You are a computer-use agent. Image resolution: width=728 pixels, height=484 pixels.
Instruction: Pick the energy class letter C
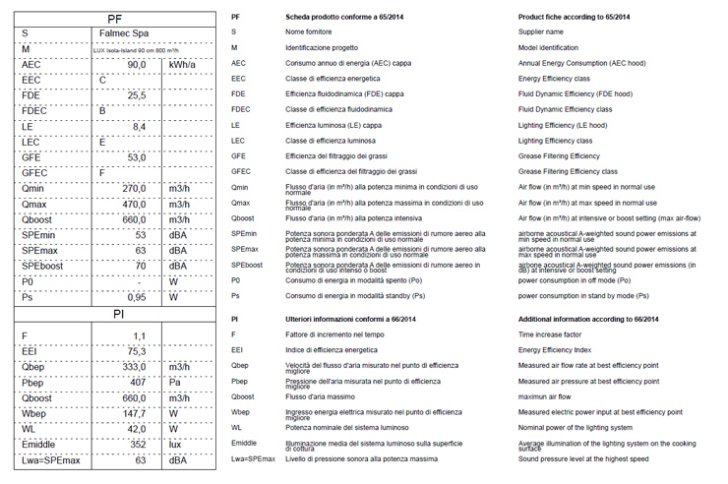pyautogui.click(x=103, y=80)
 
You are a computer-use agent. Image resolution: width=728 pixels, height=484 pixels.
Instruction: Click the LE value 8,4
pyautogui.click(x=139, y=127)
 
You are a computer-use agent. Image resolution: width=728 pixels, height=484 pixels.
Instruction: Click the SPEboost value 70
pyautogui.click(x=140, y=266)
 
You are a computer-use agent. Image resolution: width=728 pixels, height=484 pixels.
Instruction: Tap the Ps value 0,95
pyautogui.click(x=136, y=297)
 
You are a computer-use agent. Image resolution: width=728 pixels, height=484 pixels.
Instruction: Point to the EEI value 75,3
pyautogui.click(x=136, y=351)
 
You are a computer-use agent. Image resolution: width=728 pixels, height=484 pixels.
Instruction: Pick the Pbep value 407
pyautogui.click(x=138, y=383)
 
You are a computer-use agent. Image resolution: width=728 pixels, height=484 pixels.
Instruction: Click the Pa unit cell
pyautogui.click(x=176, y=383)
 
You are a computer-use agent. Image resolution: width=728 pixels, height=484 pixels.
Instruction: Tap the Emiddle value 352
pyautogui.click(x=138, y=445)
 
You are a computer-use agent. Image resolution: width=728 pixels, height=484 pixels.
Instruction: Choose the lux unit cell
pyautogui.click(x=177, y=445)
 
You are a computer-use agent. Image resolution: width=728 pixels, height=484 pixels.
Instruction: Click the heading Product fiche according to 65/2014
pyautogui.click(x=575, y=18)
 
